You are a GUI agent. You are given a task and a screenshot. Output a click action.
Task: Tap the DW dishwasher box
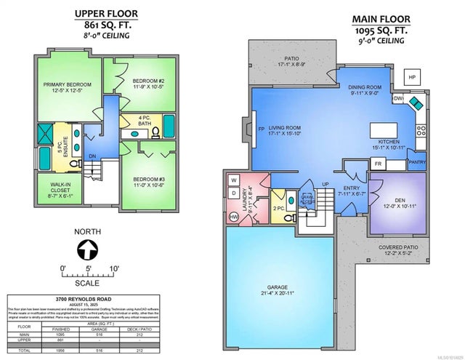pos(397,97)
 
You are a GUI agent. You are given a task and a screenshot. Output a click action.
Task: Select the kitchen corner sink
pos(413,102)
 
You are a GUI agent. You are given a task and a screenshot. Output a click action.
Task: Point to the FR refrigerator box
pos(378,164)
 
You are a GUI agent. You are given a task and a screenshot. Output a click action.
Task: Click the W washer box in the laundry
pos(234,180)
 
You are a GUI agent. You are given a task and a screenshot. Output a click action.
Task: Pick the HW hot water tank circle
pos(233,217)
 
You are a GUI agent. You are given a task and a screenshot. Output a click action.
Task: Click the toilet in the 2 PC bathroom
pos(286,217)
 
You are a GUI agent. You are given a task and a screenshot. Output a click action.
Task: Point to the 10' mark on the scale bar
pos(114,268)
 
